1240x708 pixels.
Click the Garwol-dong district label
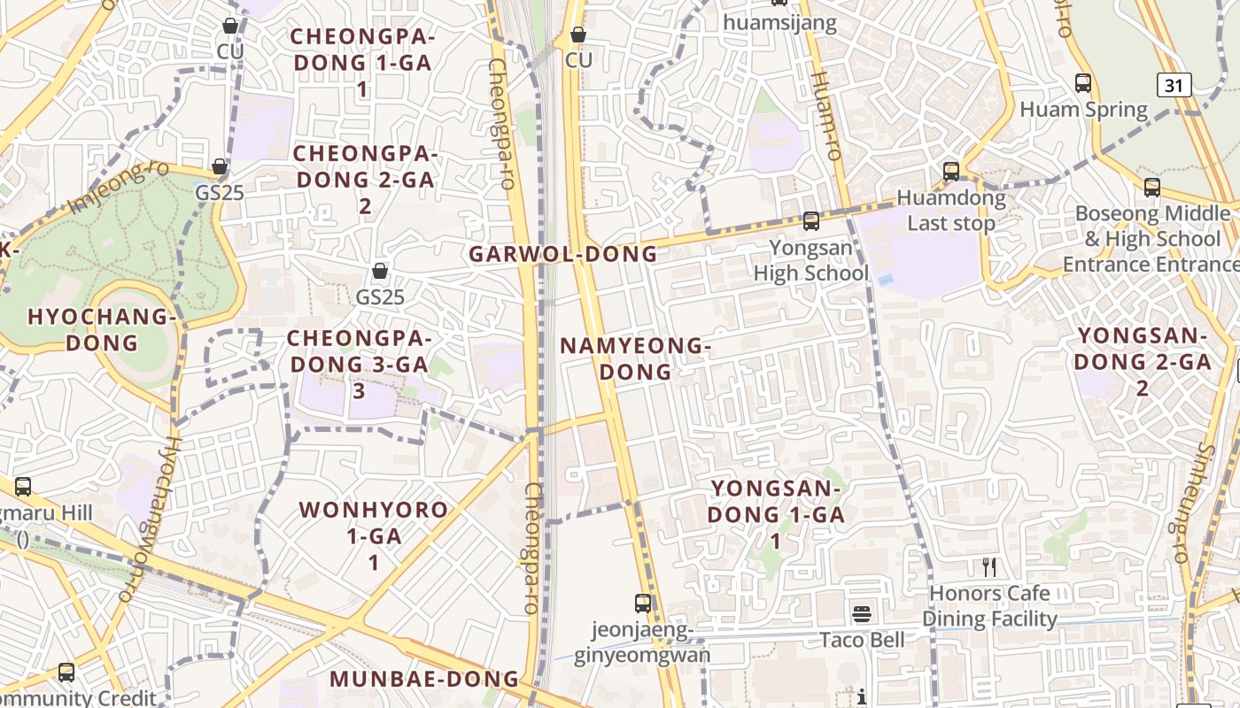562,254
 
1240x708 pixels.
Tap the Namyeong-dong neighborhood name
635,358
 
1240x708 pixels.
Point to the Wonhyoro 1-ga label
374,535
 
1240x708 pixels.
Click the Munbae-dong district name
424,679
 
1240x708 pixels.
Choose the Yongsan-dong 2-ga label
1143,361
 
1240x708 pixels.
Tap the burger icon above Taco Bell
862,613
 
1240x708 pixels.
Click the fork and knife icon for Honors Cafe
989,566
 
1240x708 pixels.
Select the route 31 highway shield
1174,85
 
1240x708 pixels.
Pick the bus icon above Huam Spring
1082,83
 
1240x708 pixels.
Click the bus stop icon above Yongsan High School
810,221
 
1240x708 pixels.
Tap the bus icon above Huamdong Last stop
951,171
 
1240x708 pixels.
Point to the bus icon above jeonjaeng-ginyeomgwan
643,604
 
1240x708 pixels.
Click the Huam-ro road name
825,115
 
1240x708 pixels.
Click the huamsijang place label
779,23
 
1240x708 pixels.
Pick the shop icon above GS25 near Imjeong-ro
220,166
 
